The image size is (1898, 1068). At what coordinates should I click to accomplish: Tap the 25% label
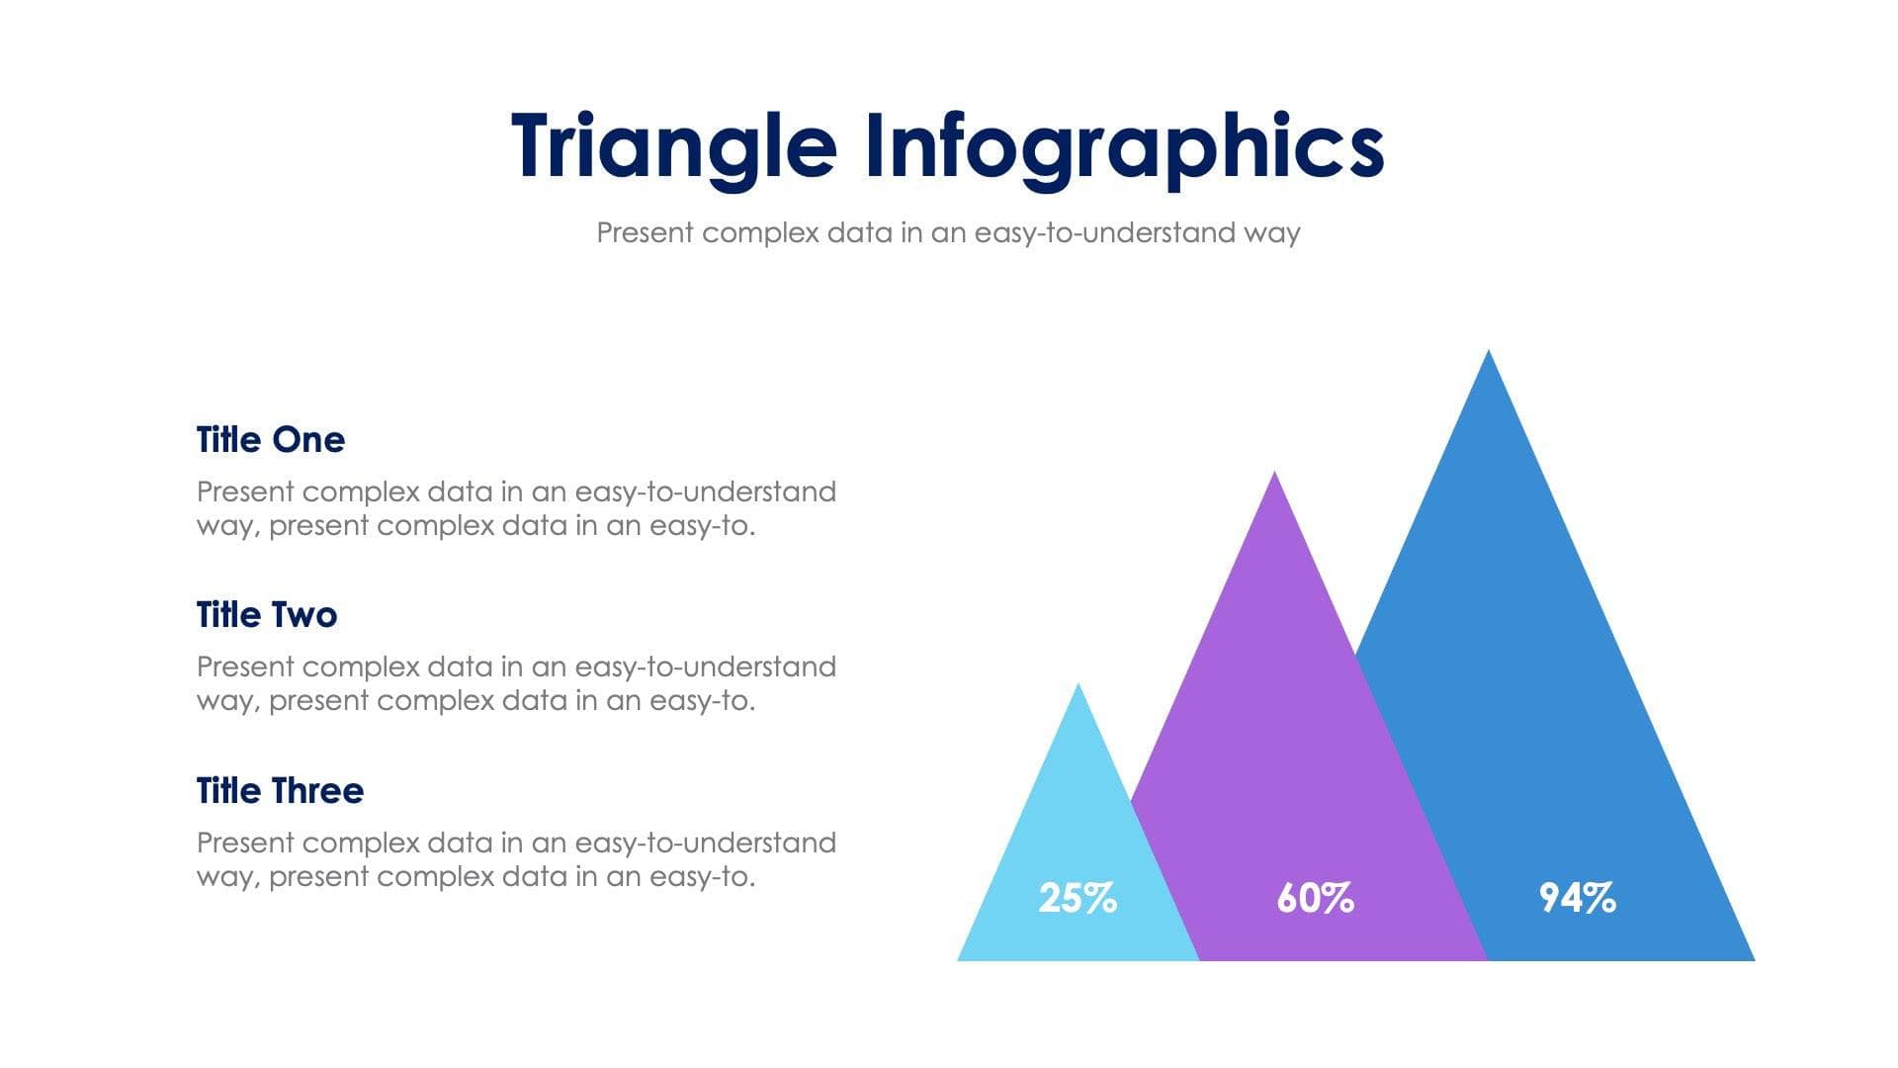1078,898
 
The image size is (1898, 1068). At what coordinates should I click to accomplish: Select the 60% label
1315,898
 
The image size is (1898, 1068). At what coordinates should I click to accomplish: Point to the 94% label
1577,898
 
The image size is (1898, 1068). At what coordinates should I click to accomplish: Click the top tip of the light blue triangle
1078,687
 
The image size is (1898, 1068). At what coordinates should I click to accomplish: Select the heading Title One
270,440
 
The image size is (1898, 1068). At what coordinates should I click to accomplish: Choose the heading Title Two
266,615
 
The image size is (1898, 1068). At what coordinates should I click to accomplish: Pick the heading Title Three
280,791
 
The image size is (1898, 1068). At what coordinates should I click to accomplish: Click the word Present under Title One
245,491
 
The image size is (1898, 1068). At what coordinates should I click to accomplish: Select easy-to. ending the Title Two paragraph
702,701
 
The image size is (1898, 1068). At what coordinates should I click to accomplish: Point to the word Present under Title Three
245,843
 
